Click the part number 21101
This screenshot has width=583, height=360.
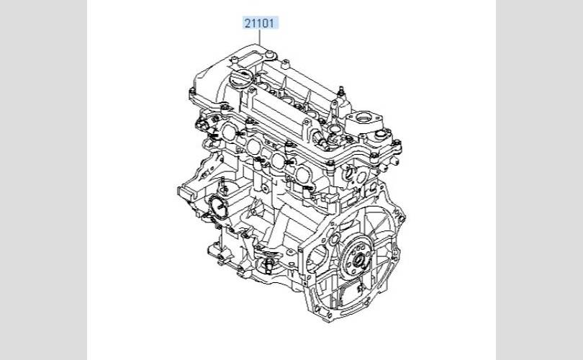260,24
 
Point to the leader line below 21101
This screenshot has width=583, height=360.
260,37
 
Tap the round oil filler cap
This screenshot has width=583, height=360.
242,78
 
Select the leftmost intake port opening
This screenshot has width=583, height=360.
229,132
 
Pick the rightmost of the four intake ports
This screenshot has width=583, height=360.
303,174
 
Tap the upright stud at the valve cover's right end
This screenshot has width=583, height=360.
340,92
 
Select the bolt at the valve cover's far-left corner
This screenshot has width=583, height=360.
193,91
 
